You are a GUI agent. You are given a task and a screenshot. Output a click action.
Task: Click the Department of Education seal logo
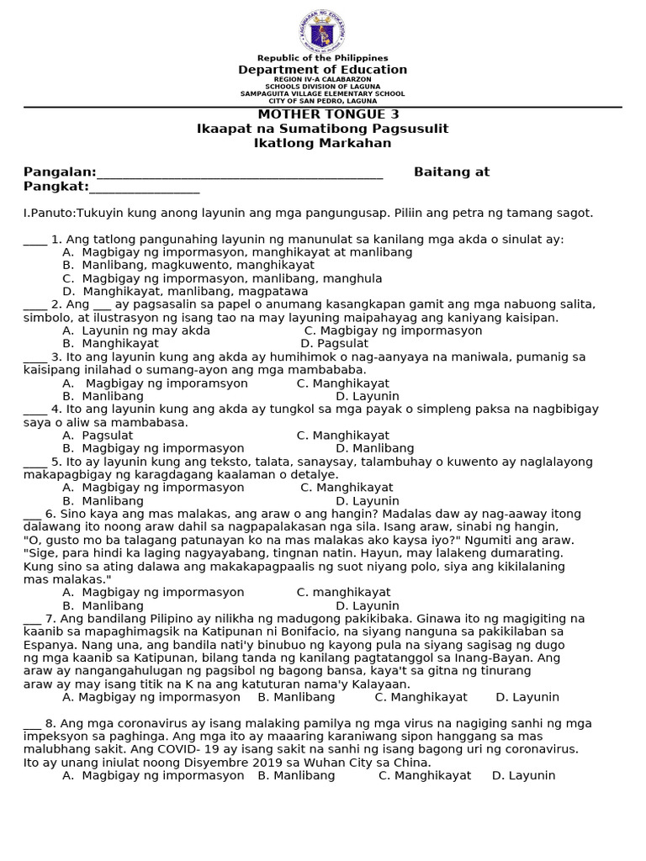(x=322, y=32)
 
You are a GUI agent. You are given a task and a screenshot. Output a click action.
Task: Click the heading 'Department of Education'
(x=322, y=70)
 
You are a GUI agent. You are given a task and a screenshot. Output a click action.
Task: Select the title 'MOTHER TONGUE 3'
(x=322, y=114)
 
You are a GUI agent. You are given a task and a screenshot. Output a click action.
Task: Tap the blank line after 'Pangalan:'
(x=240, y=174)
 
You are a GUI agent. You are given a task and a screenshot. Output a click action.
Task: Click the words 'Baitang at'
(x=451, y=172)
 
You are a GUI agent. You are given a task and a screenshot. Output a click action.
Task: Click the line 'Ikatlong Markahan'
(x=322, y=143)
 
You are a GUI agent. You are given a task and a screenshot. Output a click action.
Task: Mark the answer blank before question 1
(x=34, y=241)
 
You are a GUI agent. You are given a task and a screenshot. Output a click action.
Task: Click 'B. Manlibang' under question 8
(x=296, y=775)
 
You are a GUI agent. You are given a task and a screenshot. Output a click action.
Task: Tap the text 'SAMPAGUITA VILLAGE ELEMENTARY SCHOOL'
(x=322, y=94)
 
